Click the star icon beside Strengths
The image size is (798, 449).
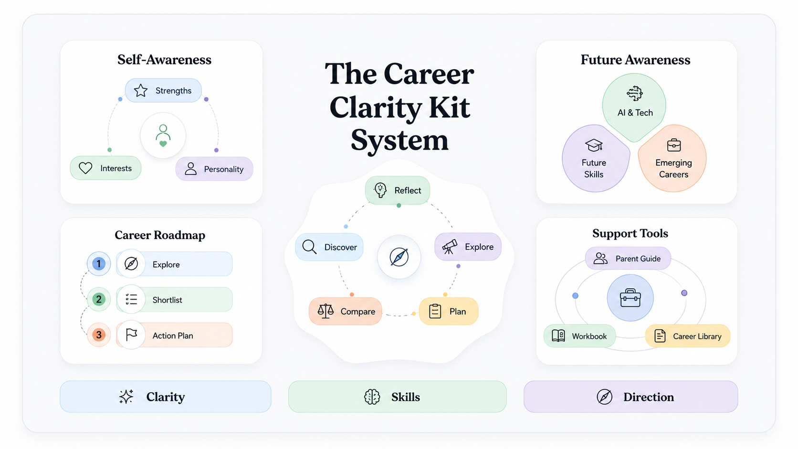[x=141, y=91]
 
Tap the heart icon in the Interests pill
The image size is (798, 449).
[x=85, y=168]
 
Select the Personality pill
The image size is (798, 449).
[x=214, y=169]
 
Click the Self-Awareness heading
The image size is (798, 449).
[x=164, y=60]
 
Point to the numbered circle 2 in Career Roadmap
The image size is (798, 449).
[x=99, y=299]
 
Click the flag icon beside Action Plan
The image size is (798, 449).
[x=131, y=335]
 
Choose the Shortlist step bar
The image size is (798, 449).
[x=174, y=300]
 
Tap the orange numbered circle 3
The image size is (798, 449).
[x=99, y=334]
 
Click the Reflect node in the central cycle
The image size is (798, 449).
[x=398, y=190]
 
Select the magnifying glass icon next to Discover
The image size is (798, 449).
[x=309, y=247]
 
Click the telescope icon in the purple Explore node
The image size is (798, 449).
[x=450, y=246]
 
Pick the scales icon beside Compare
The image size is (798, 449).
[x=325, y=311]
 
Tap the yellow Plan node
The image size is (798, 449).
[x=449, y=311]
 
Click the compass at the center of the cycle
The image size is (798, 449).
[x=399, y=257]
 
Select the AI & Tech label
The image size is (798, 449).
[x=635, y=113]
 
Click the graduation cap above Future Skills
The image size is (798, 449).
[x=594, y=145]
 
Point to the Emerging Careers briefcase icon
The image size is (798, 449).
[x=673, y=145]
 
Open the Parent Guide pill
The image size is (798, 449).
[x=628, y=259]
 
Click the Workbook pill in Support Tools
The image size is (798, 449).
[x=579, y=336]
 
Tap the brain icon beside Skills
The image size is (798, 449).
[x=372, y=397]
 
